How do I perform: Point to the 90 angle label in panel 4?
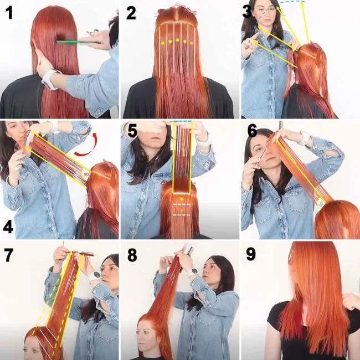coord(86,174)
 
